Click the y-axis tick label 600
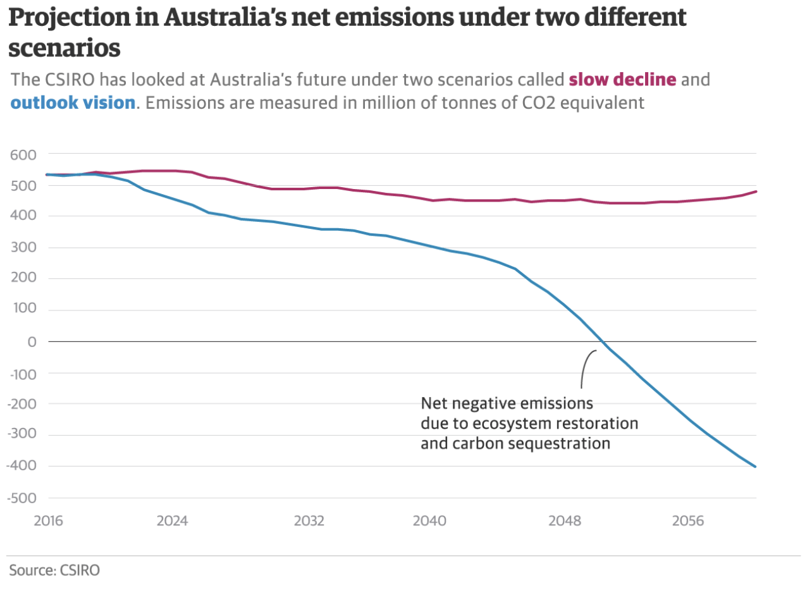[x=23, y=154]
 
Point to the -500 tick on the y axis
[x=21, y=498]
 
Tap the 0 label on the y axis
[x=32, y=342]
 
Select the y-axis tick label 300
[x=23, y=248]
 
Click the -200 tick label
[x=21, y=404]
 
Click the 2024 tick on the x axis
[x=173, y=521]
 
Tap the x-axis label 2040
[x=429, y=521]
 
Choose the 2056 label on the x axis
[x=688, y=521]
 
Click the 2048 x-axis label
[x=565, y=521]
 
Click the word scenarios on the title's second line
[x=65, y=47]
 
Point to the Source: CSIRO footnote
[x=54, y=570]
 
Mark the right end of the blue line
[x=756, y=467]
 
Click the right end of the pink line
[x=756, y=192]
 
